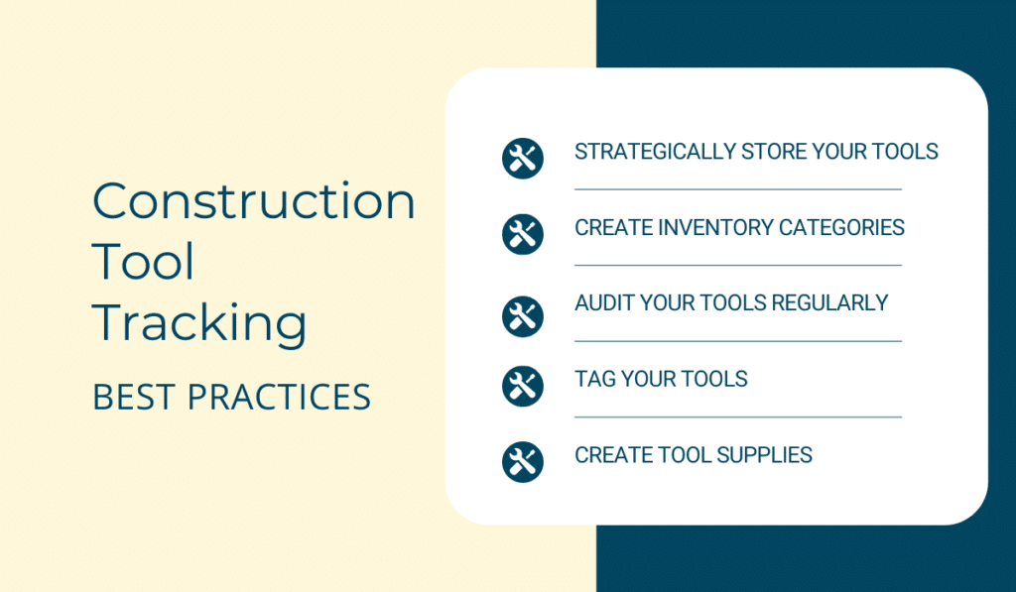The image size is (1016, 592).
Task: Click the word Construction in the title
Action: (x=253, y=200)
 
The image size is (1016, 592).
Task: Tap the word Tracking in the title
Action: (x=199, y=324)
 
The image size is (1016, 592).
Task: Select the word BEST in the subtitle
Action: (x=134, y=397)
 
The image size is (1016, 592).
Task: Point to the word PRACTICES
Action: (x=279, y=397)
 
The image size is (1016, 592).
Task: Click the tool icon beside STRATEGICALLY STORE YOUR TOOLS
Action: (x=522, y=158)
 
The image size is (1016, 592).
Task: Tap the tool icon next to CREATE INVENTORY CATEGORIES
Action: (x=522, y=234)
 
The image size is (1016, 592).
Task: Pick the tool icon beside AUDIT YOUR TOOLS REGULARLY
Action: (x=522, y=316)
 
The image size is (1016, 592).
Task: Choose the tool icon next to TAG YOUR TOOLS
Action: (x=522, y=386)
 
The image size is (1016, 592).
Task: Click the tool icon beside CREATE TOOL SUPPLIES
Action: (x=522, y=462)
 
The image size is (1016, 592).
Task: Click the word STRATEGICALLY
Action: (x=655, y=152)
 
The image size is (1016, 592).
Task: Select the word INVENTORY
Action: (x=715, y=227)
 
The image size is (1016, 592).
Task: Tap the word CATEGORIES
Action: (x=841, y=227)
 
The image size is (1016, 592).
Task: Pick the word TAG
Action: (x=595, y=379)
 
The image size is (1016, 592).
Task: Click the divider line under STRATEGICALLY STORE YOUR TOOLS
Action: (x=738, y=189)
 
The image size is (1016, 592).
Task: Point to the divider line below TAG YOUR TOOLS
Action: (x=738, y=416)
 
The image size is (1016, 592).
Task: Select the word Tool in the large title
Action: (x=143, y=262)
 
